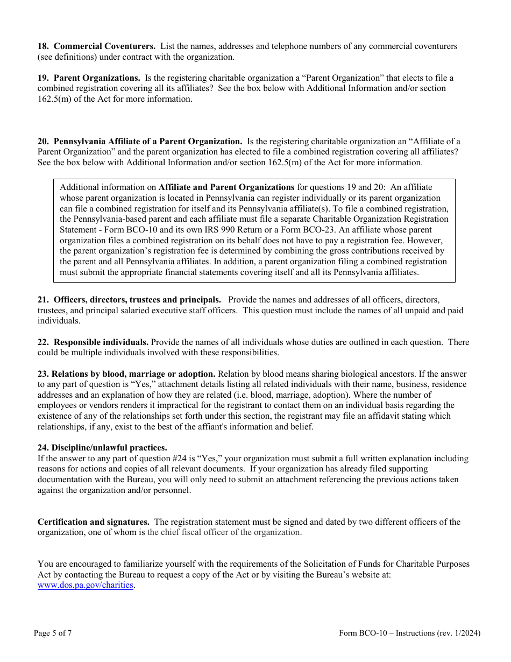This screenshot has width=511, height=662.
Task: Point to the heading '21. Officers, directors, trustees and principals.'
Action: (x=129, y=300)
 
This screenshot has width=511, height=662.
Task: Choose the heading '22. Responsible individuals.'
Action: (x=93, y=342)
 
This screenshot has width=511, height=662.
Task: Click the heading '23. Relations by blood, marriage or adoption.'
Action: (x=126, y=374)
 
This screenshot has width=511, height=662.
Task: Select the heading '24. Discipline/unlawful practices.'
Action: (x=102, y=448)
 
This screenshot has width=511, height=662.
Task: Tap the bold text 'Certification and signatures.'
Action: (x=93, y=522)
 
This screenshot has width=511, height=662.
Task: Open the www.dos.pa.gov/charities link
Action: (x=85, y=585)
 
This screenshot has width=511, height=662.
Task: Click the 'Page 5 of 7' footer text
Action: (x=53, y=633)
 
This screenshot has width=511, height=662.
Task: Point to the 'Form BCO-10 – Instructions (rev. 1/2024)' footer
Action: (x=409, y=633)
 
